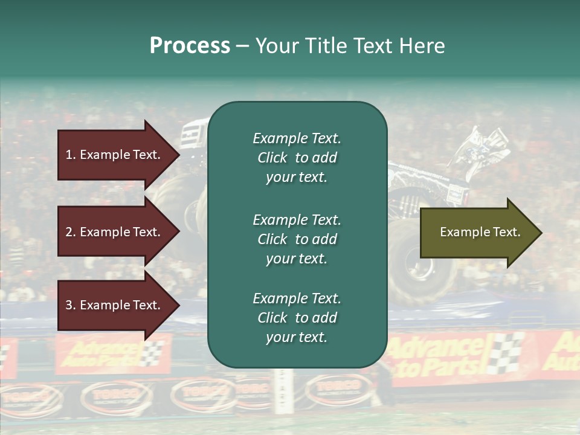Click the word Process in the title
(190, 46)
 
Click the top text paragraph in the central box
(297, 158)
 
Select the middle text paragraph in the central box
(297, 239)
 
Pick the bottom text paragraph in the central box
(297, 317)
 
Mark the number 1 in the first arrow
(69, 155)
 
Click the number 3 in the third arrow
(69, 305)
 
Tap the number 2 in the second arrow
(69, 232)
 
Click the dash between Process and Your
(242, 47)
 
